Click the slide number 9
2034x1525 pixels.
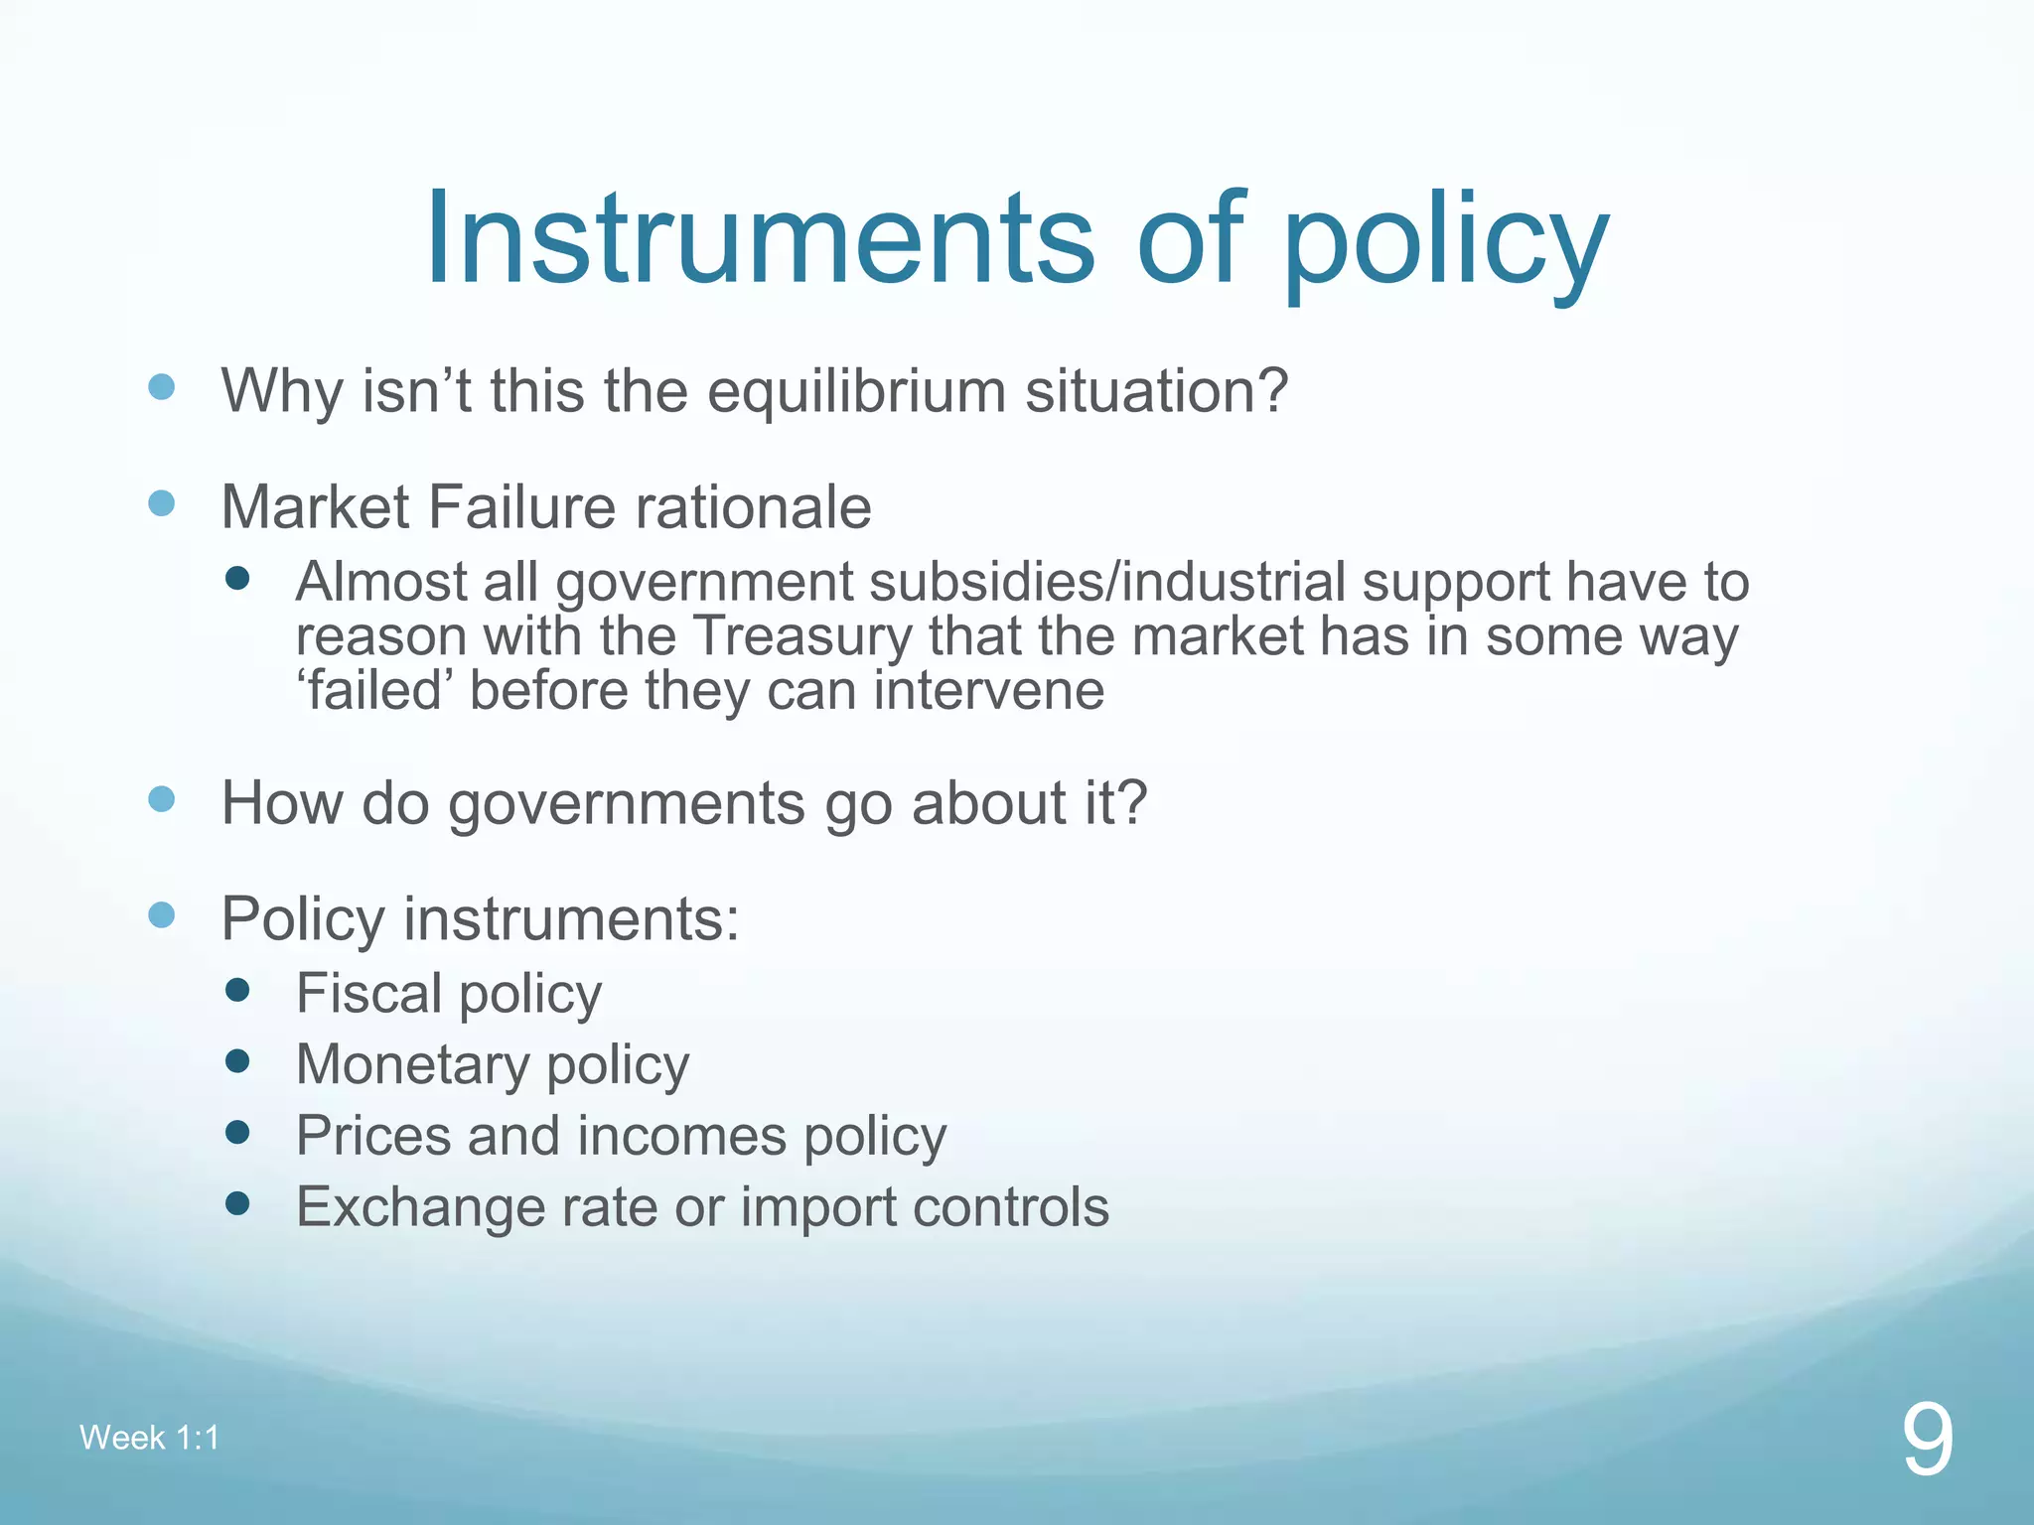(1927, 1441)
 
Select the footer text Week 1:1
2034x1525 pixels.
(149, 1438)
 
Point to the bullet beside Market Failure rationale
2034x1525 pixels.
(161, 503)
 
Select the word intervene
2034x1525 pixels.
(988, 690)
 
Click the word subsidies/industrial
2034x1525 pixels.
(1106, 582)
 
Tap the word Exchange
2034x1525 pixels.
(420, 1207)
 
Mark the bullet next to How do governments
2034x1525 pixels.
(161, 799)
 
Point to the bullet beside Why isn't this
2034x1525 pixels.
(161, 387)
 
